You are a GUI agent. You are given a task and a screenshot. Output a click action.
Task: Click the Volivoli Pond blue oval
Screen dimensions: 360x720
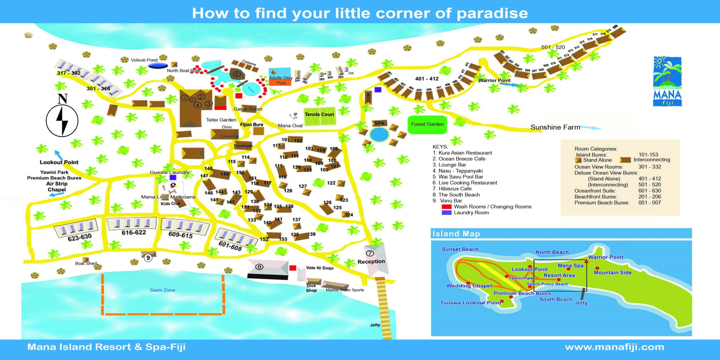pos(158,65)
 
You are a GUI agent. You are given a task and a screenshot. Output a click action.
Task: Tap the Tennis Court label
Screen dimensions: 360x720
pos(319,114)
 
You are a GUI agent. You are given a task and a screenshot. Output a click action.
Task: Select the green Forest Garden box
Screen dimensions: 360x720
pos(427,124)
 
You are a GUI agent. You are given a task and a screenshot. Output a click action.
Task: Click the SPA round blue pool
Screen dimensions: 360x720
pos(379,134)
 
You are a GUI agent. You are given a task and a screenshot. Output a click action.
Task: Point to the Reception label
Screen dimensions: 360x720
pos(371,262)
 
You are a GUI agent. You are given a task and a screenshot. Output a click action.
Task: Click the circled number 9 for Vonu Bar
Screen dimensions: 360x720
pos(148,258)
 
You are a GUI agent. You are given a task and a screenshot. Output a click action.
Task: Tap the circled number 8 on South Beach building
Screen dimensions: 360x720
pos(259,267)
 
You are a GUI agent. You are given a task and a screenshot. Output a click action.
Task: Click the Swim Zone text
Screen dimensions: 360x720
pos(162,290)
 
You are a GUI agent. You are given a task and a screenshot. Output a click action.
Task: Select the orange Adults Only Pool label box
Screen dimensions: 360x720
pos(281,83)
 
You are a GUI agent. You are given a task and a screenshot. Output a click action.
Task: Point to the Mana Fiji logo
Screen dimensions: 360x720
pos(667,81)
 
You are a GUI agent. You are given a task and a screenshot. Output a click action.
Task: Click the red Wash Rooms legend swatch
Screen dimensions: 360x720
pos(446,207)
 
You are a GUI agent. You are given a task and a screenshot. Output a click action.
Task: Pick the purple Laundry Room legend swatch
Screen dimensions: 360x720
pos(446,213)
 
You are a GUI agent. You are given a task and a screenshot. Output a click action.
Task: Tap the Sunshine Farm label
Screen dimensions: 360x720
pos(555,127)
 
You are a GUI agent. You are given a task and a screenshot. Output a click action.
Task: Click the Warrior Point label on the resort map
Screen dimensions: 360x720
pos(494,81)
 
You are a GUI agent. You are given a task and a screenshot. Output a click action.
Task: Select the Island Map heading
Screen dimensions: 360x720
pos(456,234)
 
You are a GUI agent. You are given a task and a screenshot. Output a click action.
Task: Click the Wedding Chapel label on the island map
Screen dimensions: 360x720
pos(469,286)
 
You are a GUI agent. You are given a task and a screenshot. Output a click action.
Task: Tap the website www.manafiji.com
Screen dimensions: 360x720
pos(615,347)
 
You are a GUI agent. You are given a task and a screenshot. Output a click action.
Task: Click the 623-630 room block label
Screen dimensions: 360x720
pos(79,237)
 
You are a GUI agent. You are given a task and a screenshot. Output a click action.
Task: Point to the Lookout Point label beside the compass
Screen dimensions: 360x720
pos(59,162)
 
